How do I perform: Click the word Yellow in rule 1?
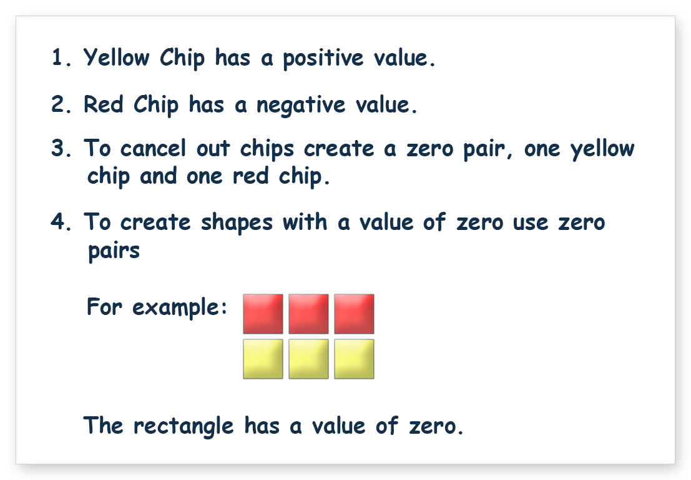(x=116, y=57)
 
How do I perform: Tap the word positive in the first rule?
(x=323, y=58)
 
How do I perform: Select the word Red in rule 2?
(x=103, y=104)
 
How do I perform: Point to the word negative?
(x=301, y=106)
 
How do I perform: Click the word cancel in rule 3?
(x=153, y=148)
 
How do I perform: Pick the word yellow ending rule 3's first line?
(x=602, y=149)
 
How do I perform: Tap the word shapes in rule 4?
(x=237, y=222)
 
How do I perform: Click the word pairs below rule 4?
(x=114, y=251)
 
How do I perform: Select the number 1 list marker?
(x=61, y=57)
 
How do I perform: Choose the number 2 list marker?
(x=61, y=104)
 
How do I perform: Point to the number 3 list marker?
(x=61, y=148)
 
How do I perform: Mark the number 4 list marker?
(x=61, y=222)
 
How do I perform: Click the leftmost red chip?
(x=263, y=314)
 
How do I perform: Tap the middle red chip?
(x=308, y=314)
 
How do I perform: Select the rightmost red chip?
(x=355, y=314)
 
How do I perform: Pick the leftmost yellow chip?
(x=263, y=359)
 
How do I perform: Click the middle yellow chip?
(x=308, y=359)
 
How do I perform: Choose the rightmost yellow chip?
(x=355, y=359)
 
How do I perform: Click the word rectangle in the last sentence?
(x=184, y=427)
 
